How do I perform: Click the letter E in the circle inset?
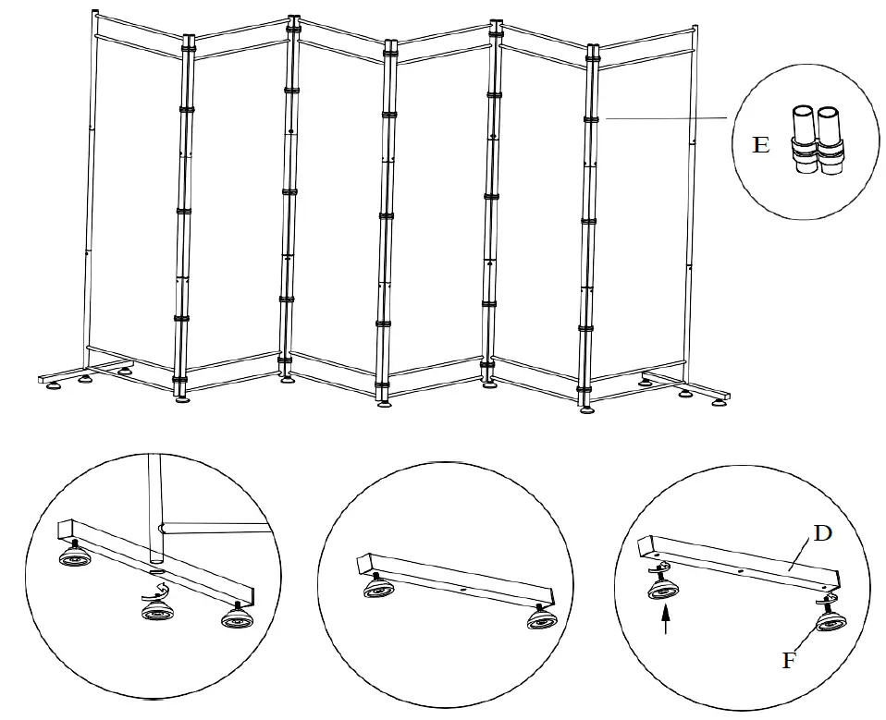[760, 146]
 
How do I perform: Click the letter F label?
[788, 661]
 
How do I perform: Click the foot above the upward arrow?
[662, 588]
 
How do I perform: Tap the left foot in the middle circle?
[376, 591]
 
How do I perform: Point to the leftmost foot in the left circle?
[74, 556]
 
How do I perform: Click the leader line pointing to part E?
[666, 118]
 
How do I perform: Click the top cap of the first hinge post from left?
[189, 38]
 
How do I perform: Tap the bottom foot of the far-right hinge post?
[586, 408]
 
